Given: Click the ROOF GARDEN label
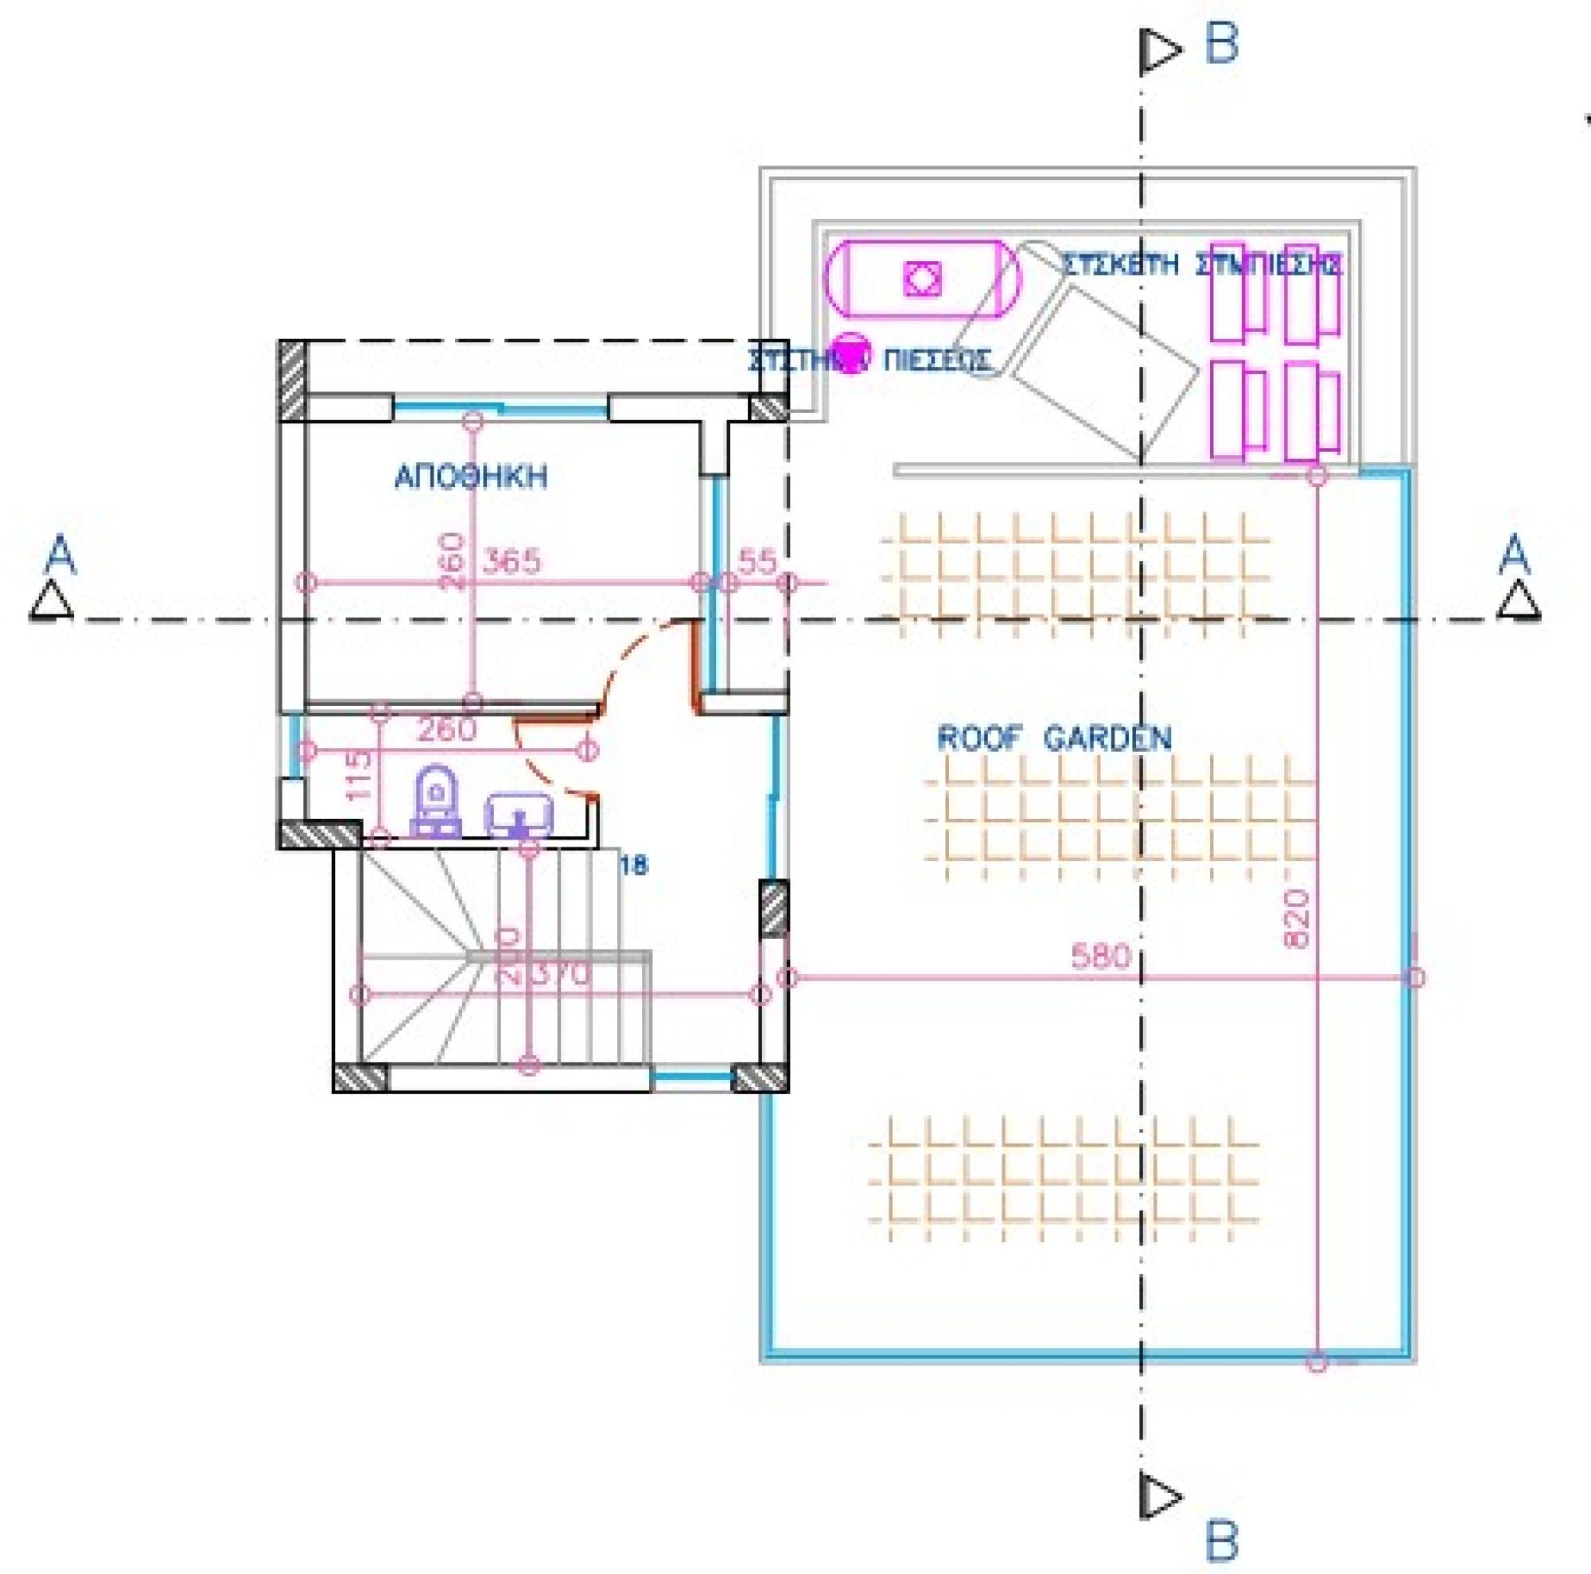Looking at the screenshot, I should tap(1054, 738).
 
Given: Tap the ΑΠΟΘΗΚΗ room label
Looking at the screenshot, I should tap(471, 477).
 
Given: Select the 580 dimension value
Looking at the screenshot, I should tap(1100, 956).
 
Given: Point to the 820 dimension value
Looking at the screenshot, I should tap(1296, 918).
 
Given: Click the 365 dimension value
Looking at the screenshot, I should tap(512, 562).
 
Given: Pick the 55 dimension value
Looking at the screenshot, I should tap(757, 562).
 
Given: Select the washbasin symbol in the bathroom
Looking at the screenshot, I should tap(519, 816).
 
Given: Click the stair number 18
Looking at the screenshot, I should tap(634, 865).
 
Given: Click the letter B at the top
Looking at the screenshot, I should tap(1221, 44).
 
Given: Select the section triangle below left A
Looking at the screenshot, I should tap(51, 601).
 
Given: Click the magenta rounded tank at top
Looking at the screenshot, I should tap(922, 279).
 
